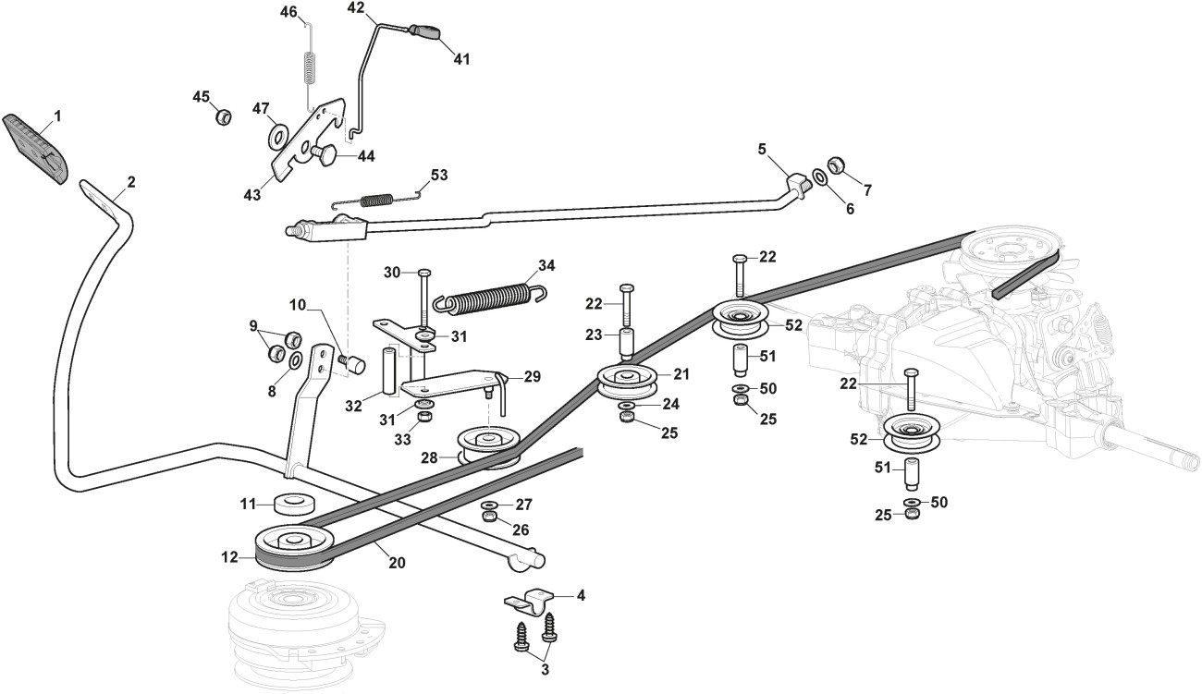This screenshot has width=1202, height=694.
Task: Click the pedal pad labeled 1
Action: point(37,149)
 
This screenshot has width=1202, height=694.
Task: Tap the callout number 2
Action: point(130,182)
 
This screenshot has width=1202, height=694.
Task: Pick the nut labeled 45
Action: point(222,117)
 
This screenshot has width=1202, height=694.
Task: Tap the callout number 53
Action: point(439,175)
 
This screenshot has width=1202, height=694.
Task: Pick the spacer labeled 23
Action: point(625,344)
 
